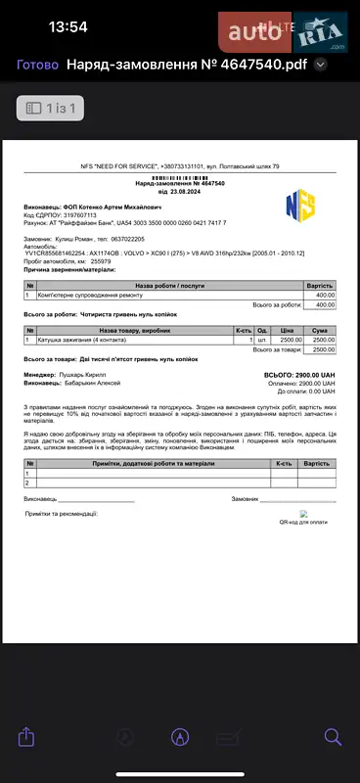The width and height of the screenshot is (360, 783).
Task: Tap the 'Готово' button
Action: pyautogui.click(x=37, y=65)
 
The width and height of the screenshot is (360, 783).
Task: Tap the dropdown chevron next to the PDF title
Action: pyautogui.click(x=320, y=65)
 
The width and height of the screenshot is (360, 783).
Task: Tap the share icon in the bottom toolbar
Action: pyautogui.click(x=27, y=735)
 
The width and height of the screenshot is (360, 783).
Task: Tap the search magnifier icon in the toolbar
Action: pyautogui.click(x=333, y=735)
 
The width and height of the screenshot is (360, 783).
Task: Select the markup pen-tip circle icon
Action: pyautogui.click(x=180, y=735)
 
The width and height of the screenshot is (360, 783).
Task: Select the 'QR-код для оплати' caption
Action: pyautogui.click(x=304, y=523)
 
